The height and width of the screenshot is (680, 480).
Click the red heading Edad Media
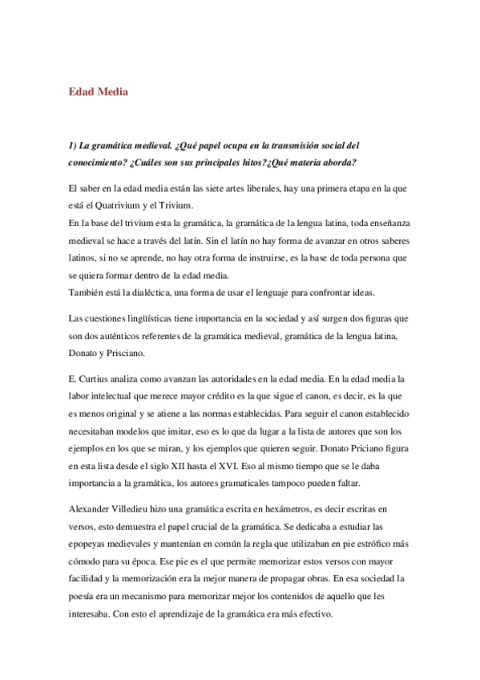point(99,92)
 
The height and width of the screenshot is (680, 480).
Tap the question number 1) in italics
point(73,145)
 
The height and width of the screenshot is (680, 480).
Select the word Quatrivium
point(131,206)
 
